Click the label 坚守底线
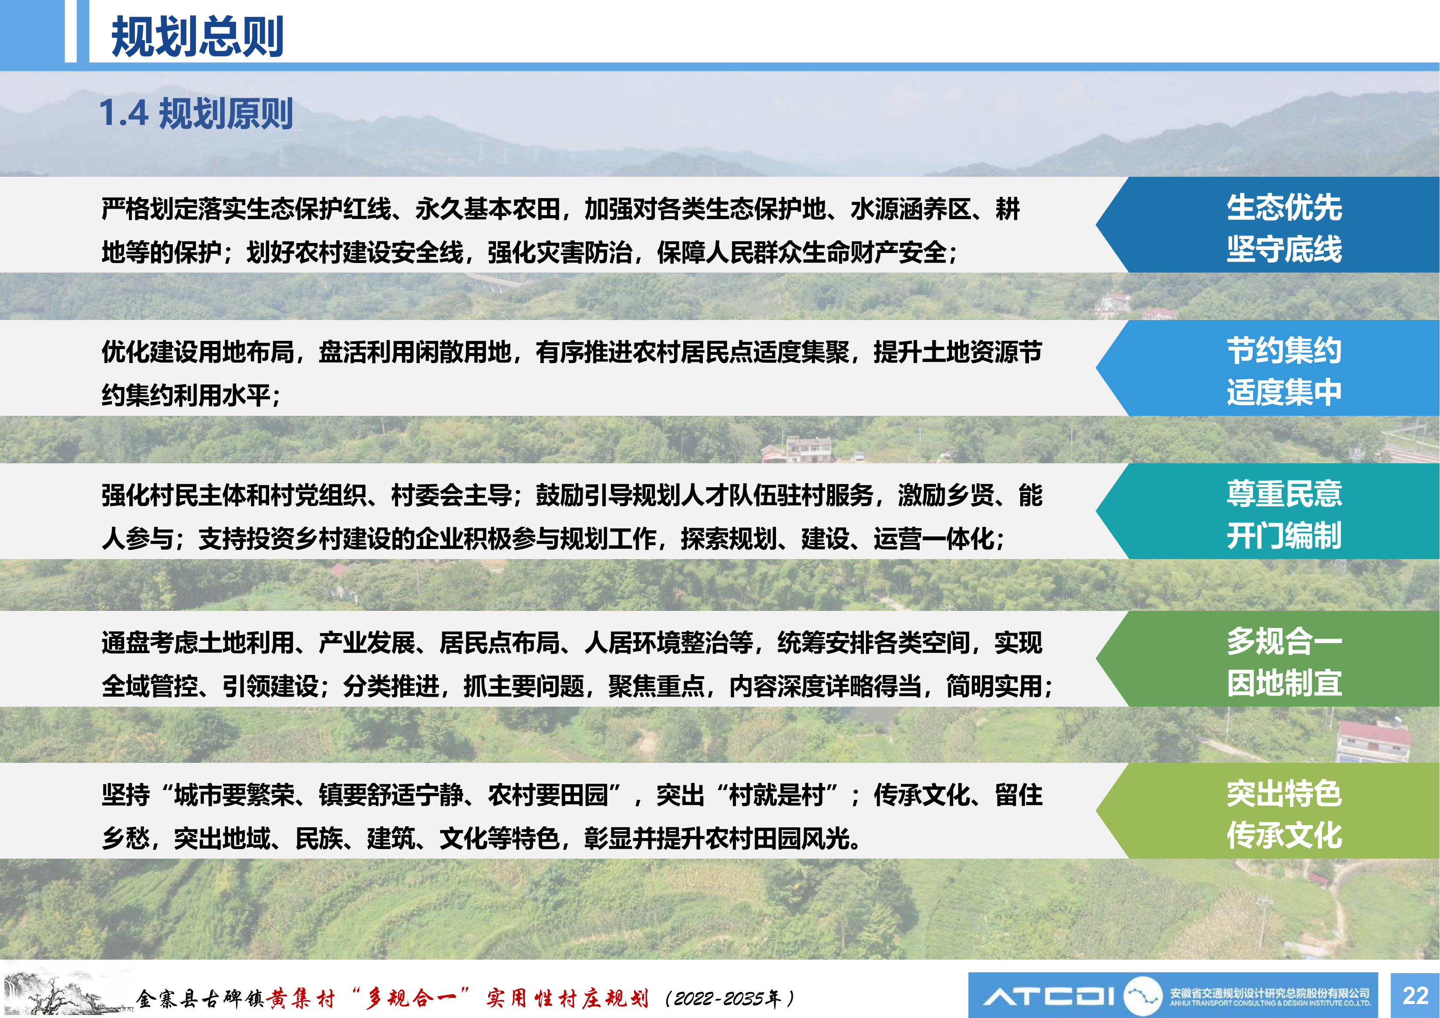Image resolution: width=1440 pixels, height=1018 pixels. pyautogui.click(x=1284, y=249)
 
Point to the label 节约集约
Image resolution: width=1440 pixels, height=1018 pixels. pyautogui.click(x=1284, y=350)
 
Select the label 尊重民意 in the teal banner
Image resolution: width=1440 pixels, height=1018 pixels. pyautogui.click(x=1284, y=494)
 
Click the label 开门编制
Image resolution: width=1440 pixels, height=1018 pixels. pyautogui.click(x=1284, y=536)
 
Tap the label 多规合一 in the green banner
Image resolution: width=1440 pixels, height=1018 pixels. pyautogui.click(x=1284, y=641)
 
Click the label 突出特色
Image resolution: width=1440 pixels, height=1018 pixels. pyautogui.click(x=1284, y=793)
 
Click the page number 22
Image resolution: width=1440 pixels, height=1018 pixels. pyautogui.click(x=1415, y=995)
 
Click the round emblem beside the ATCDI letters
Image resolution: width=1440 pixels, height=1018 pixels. pyautogui.click(x=1142, y=995)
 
